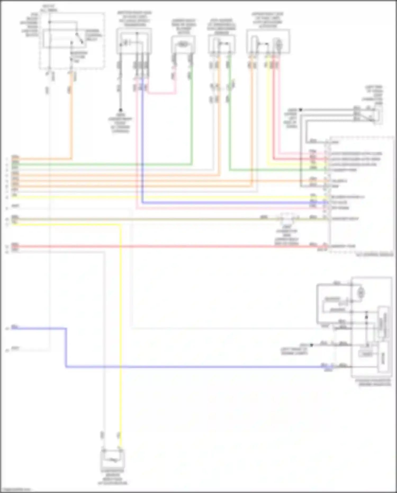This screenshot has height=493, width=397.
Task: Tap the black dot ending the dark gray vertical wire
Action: point(120,110)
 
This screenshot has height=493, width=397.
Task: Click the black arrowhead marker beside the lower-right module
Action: point(312,345)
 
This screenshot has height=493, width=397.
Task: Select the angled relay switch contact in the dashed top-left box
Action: point(79,38)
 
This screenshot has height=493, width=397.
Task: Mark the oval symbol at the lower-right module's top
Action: point(361,293)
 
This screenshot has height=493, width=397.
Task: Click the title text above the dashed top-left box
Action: point(49,8)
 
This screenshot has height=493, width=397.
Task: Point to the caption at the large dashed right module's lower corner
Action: point(375,255)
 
